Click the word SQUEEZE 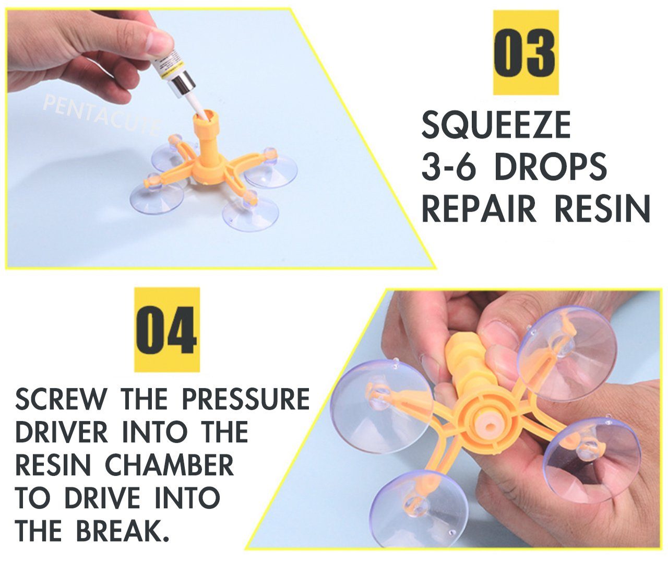(496, 126)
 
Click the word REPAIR (479, 208)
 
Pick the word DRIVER (62, 433)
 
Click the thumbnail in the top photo (159, 39)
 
